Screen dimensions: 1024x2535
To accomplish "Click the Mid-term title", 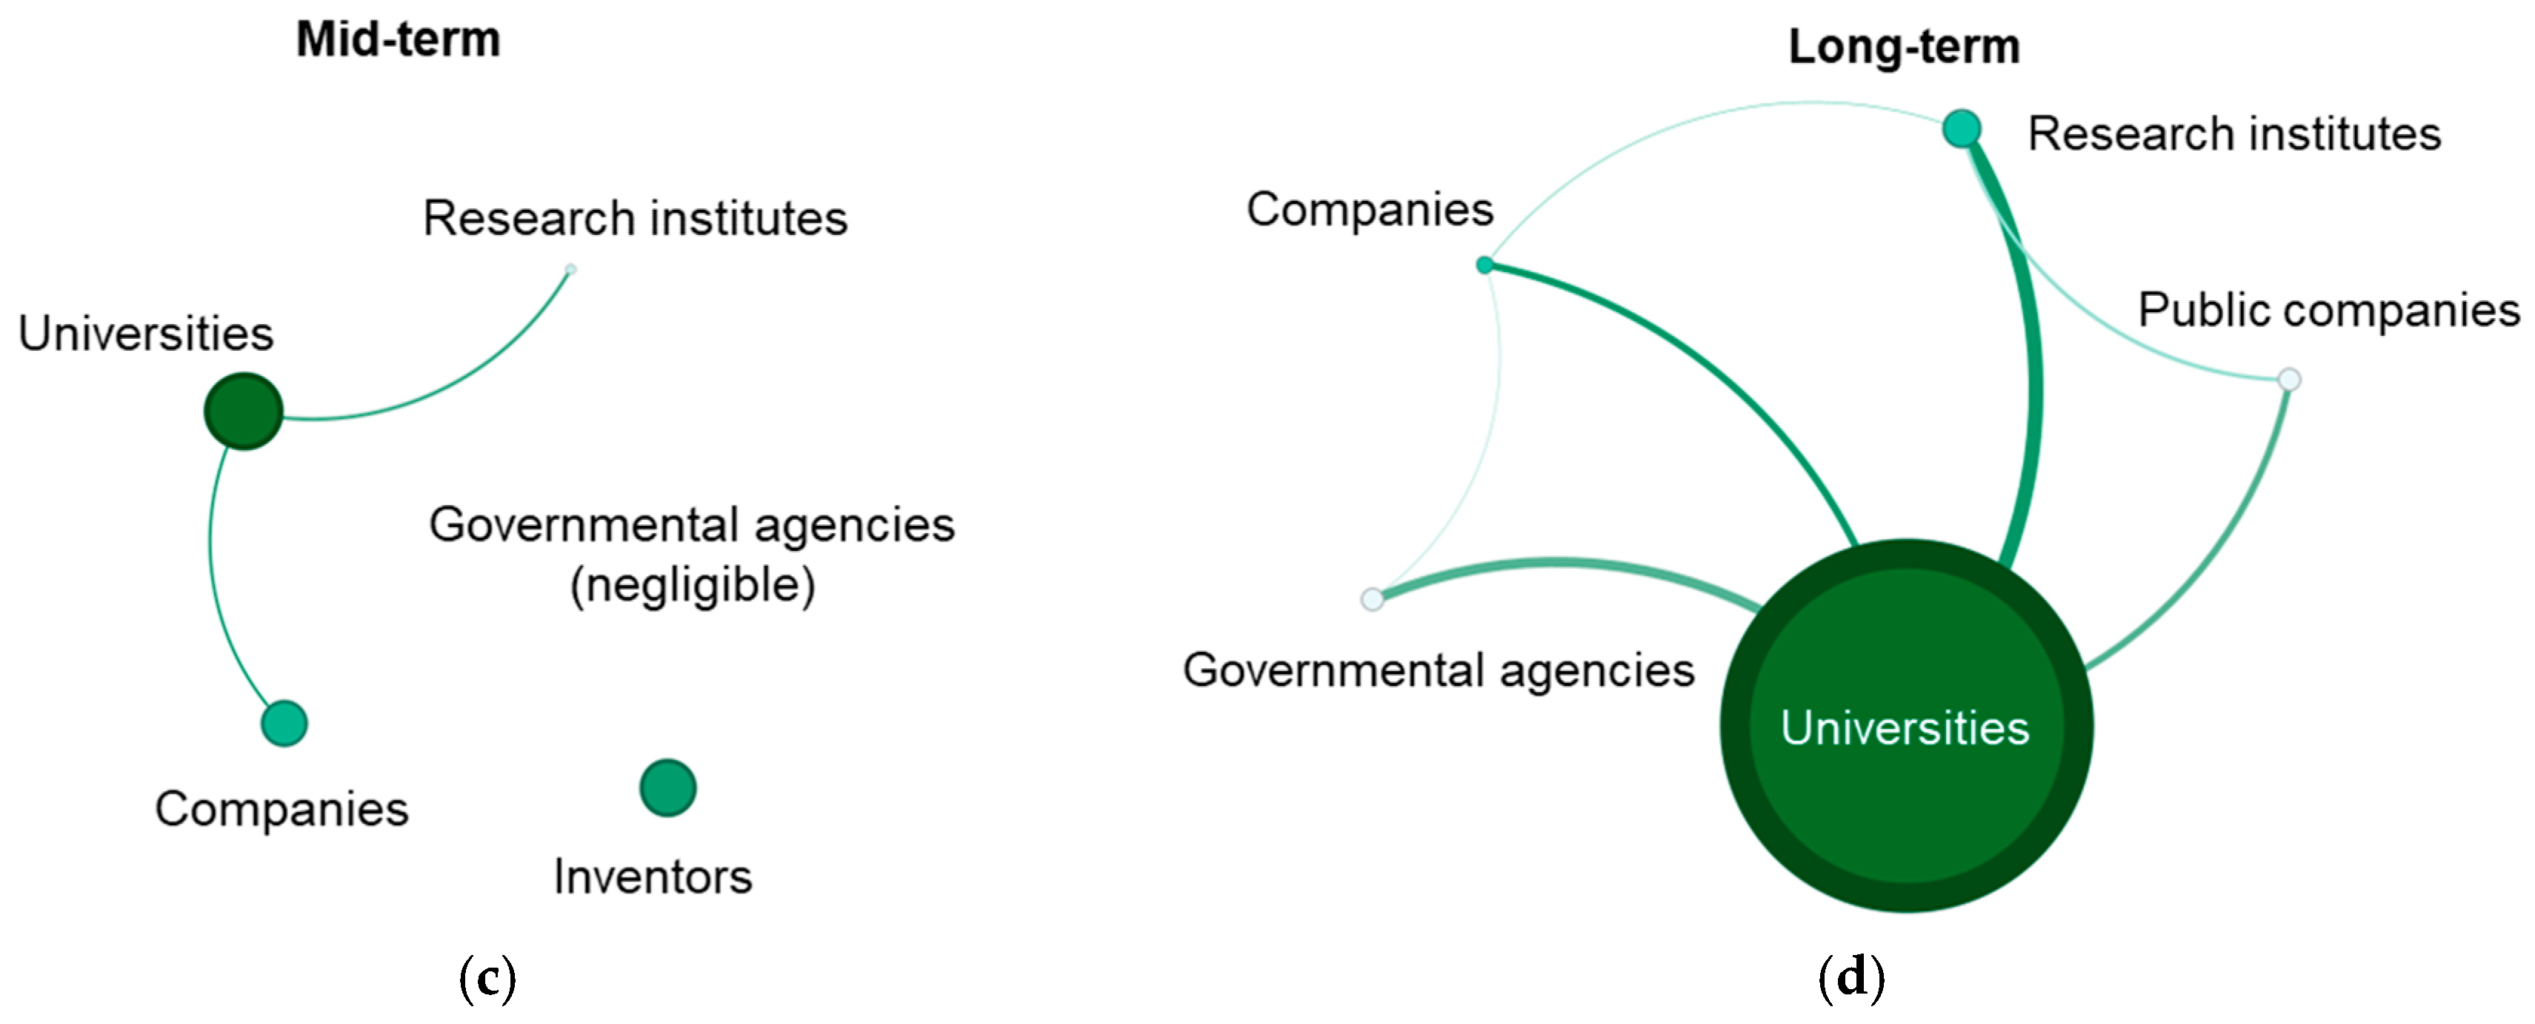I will click(398, 40).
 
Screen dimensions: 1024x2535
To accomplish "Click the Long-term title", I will click(1903, 46).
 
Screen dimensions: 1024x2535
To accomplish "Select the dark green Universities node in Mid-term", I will click(243, 411).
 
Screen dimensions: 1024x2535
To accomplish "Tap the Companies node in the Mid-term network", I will click(284, 724).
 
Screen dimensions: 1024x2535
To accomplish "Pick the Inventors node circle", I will click(668, 787).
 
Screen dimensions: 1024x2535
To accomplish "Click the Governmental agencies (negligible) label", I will click(692, 555).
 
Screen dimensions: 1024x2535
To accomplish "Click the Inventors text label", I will click(653, 876).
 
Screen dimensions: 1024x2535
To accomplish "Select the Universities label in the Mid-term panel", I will click(146, 334).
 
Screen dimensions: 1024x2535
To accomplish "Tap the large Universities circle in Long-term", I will click(1906, 726).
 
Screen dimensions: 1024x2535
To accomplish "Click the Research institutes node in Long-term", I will click(1962, 128).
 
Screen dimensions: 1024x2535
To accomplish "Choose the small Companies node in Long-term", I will click(1485, 265).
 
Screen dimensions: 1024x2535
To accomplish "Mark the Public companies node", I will click(2289, 379).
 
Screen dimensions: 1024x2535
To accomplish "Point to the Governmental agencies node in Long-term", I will click(1372, 598).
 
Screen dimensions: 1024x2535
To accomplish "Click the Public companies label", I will click(2328, 310).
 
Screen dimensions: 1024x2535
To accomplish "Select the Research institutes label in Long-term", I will click(2234, 134).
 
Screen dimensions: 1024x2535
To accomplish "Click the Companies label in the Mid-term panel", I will click(282, 810).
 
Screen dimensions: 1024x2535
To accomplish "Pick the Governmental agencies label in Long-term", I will click(1438, 670).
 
